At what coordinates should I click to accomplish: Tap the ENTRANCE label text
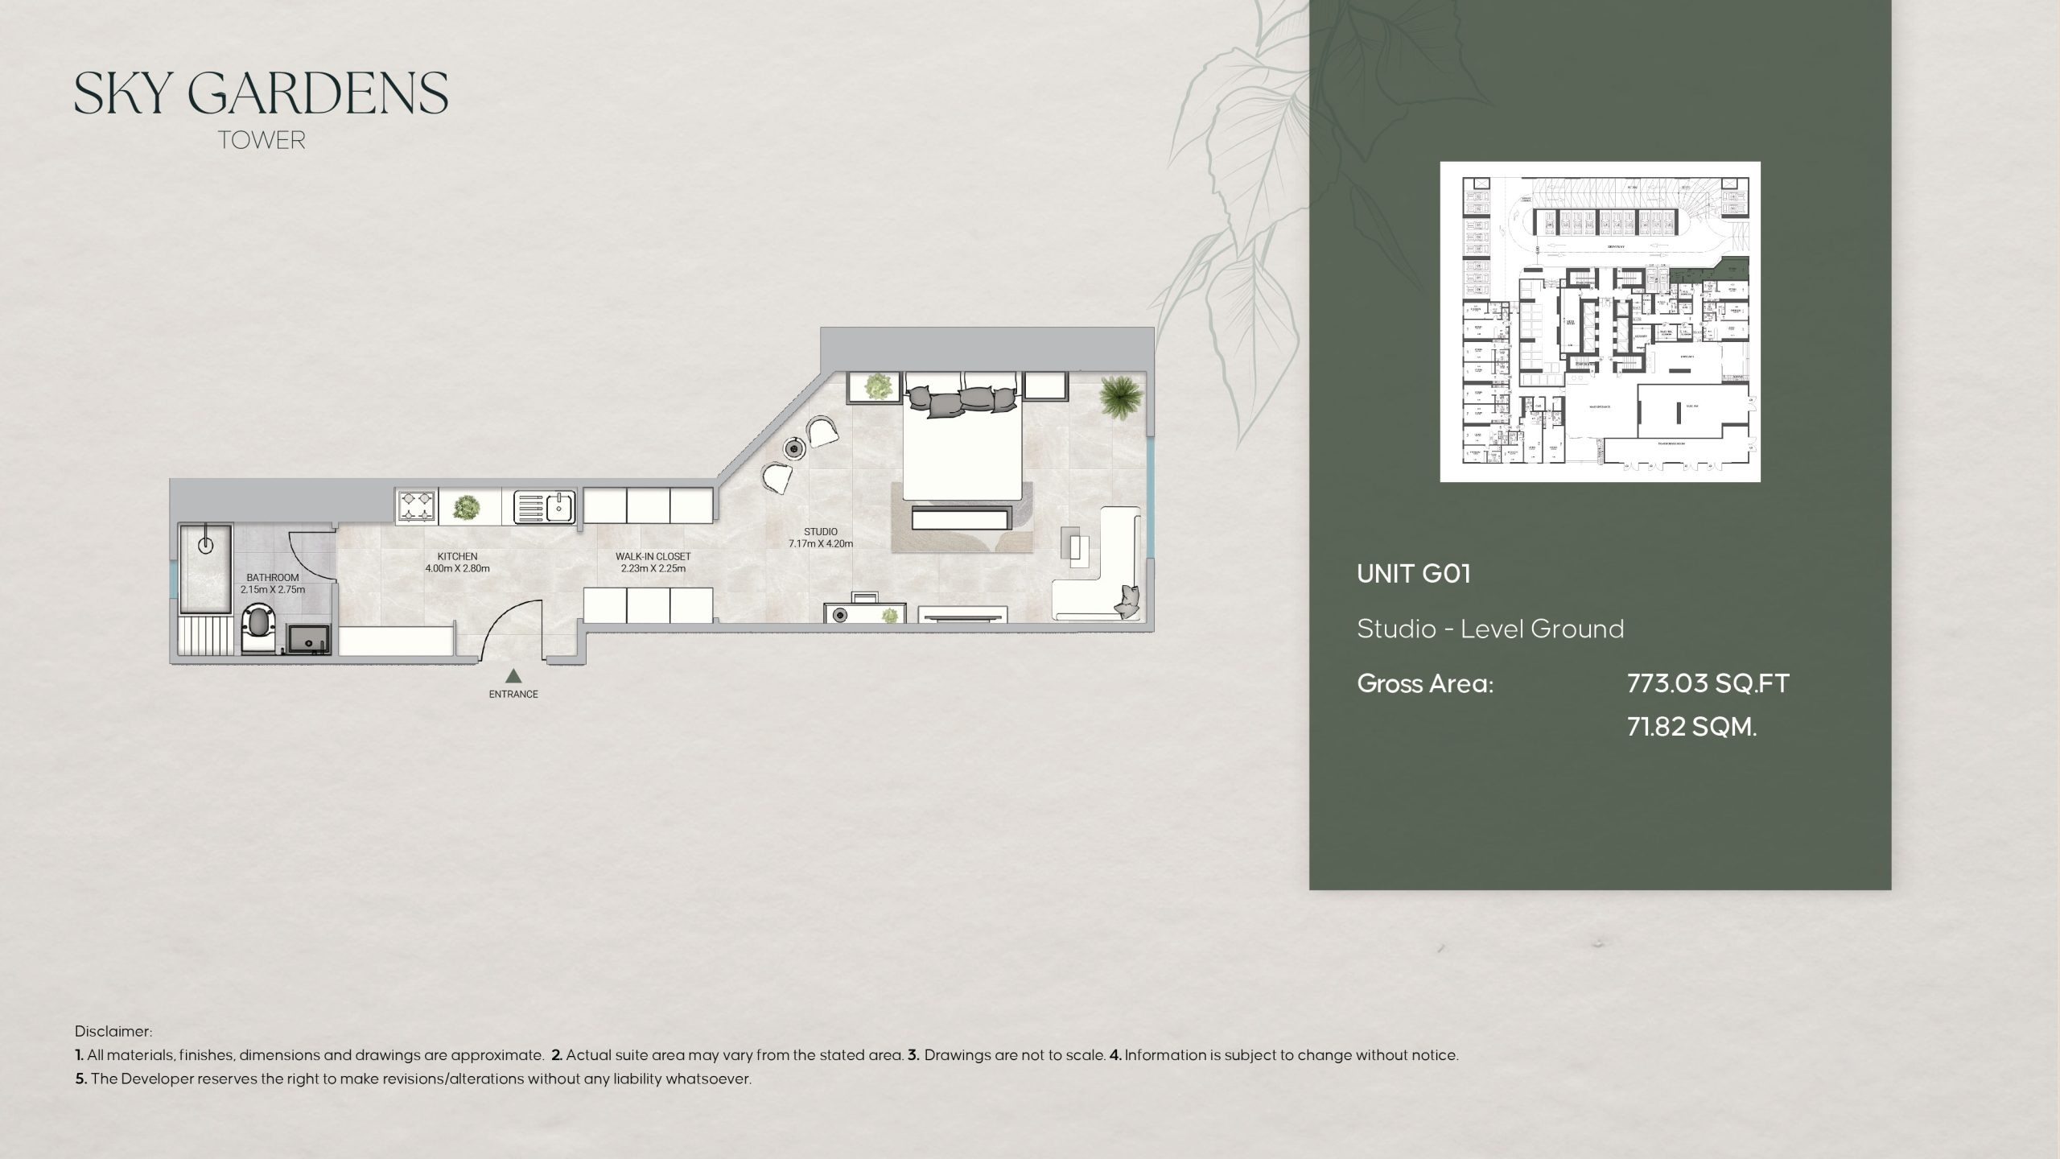click(513, 694)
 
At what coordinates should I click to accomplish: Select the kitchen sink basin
click(557, 507)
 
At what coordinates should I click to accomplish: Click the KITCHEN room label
click(457, 556)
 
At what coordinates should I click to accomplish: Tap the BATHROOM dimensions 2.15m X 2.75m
click(273, 590)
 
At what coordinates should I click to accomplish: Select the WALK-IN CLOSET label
click(653, 556)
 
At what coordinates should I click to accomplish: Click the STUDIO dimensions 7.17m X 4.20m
click(820, 544)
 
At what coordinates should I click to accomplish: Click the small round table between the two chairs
click(796, 448)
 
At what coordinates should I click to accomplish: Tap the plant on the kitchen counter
click(465, 507)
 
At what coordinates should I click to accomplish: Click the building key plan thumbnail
click(1600, 321)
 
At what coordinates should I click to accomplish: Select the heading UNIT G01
click(1413, 574)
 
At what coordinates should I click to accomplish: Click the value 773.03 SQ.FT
click(1708, 683)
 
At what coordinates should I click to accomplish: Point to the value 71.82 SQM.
click(1691, 727)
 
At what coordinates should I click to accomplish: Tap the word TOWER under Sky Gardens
click(262, 140)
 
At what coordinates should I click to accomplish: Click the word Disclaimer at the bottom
click(113, 1031)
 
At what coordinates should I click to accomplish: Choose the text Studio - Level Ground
click(1490, 629)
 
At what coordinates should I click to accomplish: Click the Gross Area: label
click(1425, 683)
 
